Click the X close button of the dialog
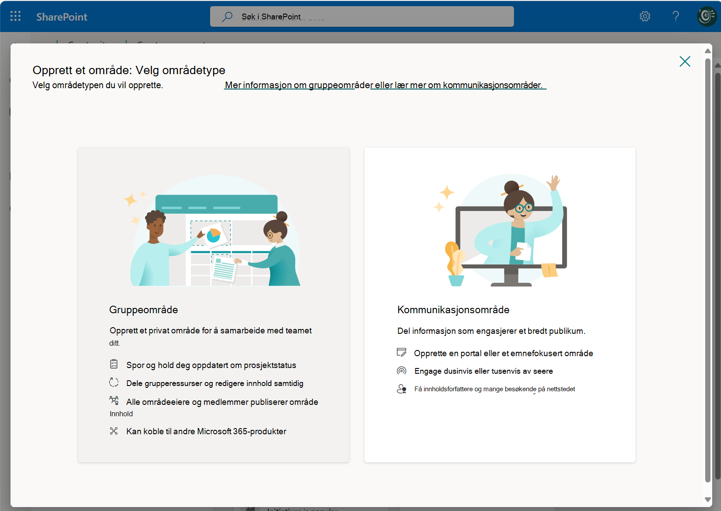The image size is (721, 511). (685, 61)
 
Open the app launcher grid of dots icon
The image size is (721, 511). (15, 16)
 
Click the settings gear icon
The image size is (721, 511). (645, 16)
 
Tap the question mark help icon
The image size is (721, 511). (676, 16)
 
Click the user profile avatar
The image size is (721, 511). (707, 16)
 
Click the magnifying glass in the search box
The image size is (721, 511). (227, 16)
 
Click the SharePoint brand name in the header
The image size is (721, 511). (61, 17)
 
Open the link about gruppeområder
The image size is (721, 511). (299, 85)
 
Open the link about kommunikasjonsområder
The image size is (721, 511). (458, 85)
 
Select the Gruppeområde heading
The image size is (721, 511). (143, 309)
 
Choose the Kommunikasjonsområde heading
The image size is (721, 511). (453, 309)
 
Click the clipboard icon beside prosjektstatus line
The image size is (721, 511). (114, 364)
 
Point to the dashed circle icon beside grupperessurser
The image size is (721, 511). (114, 382)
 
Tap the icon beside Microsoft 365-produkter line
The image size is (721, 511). (114, 431)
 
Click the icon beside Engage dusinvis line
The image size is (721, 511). (401, 371)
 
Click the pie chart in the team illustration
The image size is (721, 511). (214, 236)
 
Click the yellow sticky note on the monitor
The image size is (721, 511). (549, 270)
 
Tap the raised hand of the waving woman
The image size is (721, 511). (553, 182)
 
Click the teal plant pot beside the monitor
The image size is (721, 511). (456, 280)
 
